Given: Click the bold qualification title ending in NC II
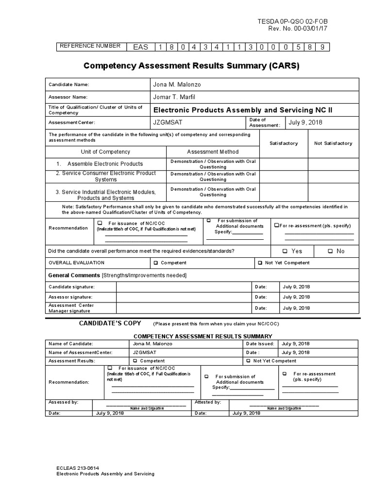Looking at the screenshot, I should coord(243,110).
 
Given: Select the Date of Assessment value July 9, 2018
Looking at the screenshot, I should coord(305,123).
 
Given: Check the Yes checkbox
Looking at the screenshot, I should coord(285,251).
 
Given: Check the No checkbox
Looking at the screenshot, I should coord(330,251).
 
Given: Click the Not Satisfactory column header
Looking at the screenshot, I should coord(333,143).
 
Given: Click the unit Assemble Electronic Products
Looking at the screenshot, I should coord(105,164).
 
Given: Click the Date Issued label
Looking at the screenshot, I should coord(259,343).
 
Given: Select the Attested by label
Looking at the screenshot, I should coord(207,402).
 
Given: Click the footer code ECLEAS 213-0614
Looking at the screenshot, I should coord(78,468).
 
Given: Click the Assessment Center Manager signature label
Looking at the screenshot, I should coord(71,308).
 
